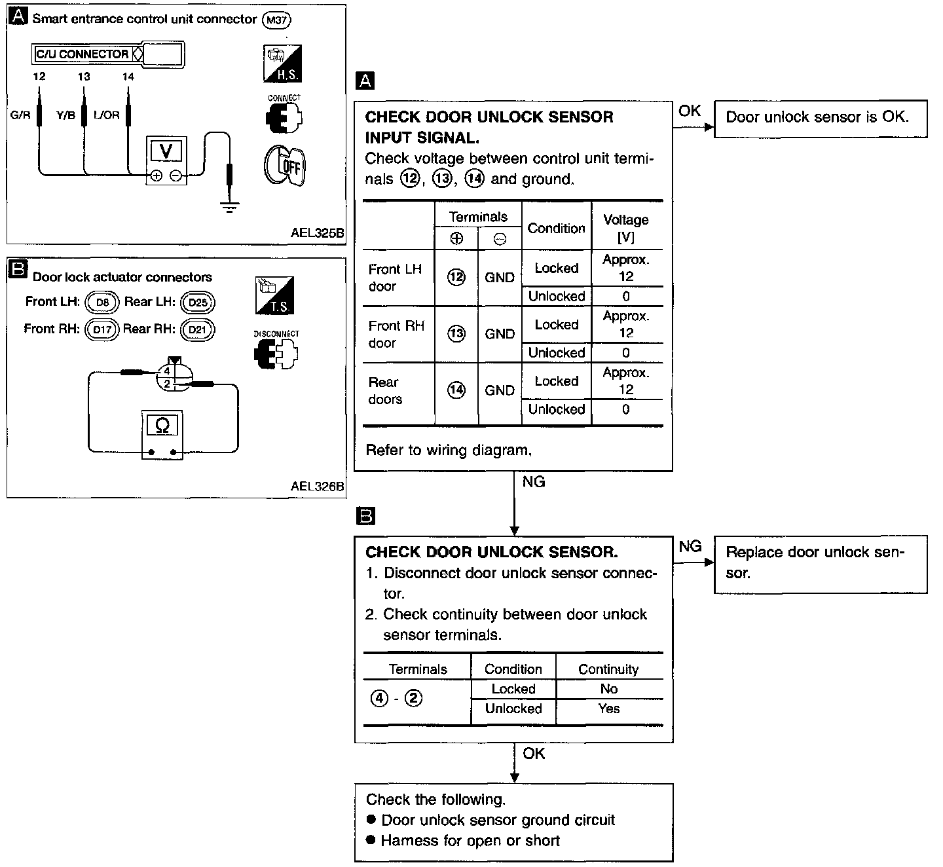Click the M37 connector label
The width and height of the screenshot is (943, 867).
[x=276, y=20]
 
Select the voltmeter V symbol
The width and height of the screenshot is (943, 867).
[x=166, y=151]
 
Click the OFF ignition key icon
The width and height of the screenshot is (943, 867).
[x=285, y=166]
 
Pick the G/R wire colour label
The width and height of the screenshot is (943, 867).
[x=20, y=115]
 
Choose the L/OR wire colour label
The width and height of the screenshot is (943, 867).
[x=106, y=115]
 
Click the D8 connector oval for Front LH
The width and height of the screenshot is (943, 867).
[x=102, y=303]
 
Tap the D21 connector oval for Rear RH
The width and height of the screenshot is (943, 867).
[x=197, y=329]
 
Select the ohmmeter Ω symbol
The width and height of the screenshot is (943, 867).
[x=162, y=426]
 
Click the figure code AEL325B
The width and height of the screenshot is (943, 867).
[x=317, y=232]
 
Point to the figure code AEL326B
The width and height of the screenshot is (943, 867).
[x=317, y=486]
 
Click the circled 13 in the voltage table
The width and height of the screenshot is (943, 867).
[x=456, y=334]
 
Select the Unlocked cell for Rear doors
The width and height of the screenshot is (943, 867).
[x=557, y=409]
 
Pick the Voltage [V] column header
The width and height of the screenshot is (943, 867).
[x=626, y=228]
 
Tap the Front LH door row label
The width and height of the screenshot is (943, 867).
[x=395, y=278]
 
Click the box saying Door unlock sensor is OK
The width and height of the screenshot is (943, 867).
[x=821, y=119]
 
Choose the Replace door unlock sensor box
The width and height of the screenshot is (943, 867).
[x=821, y=564]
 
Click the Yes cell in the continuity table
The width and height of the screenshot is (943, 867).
[x=609, y=709]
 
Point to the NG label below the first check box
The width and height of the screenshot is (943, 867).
[x=534, y=482]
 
